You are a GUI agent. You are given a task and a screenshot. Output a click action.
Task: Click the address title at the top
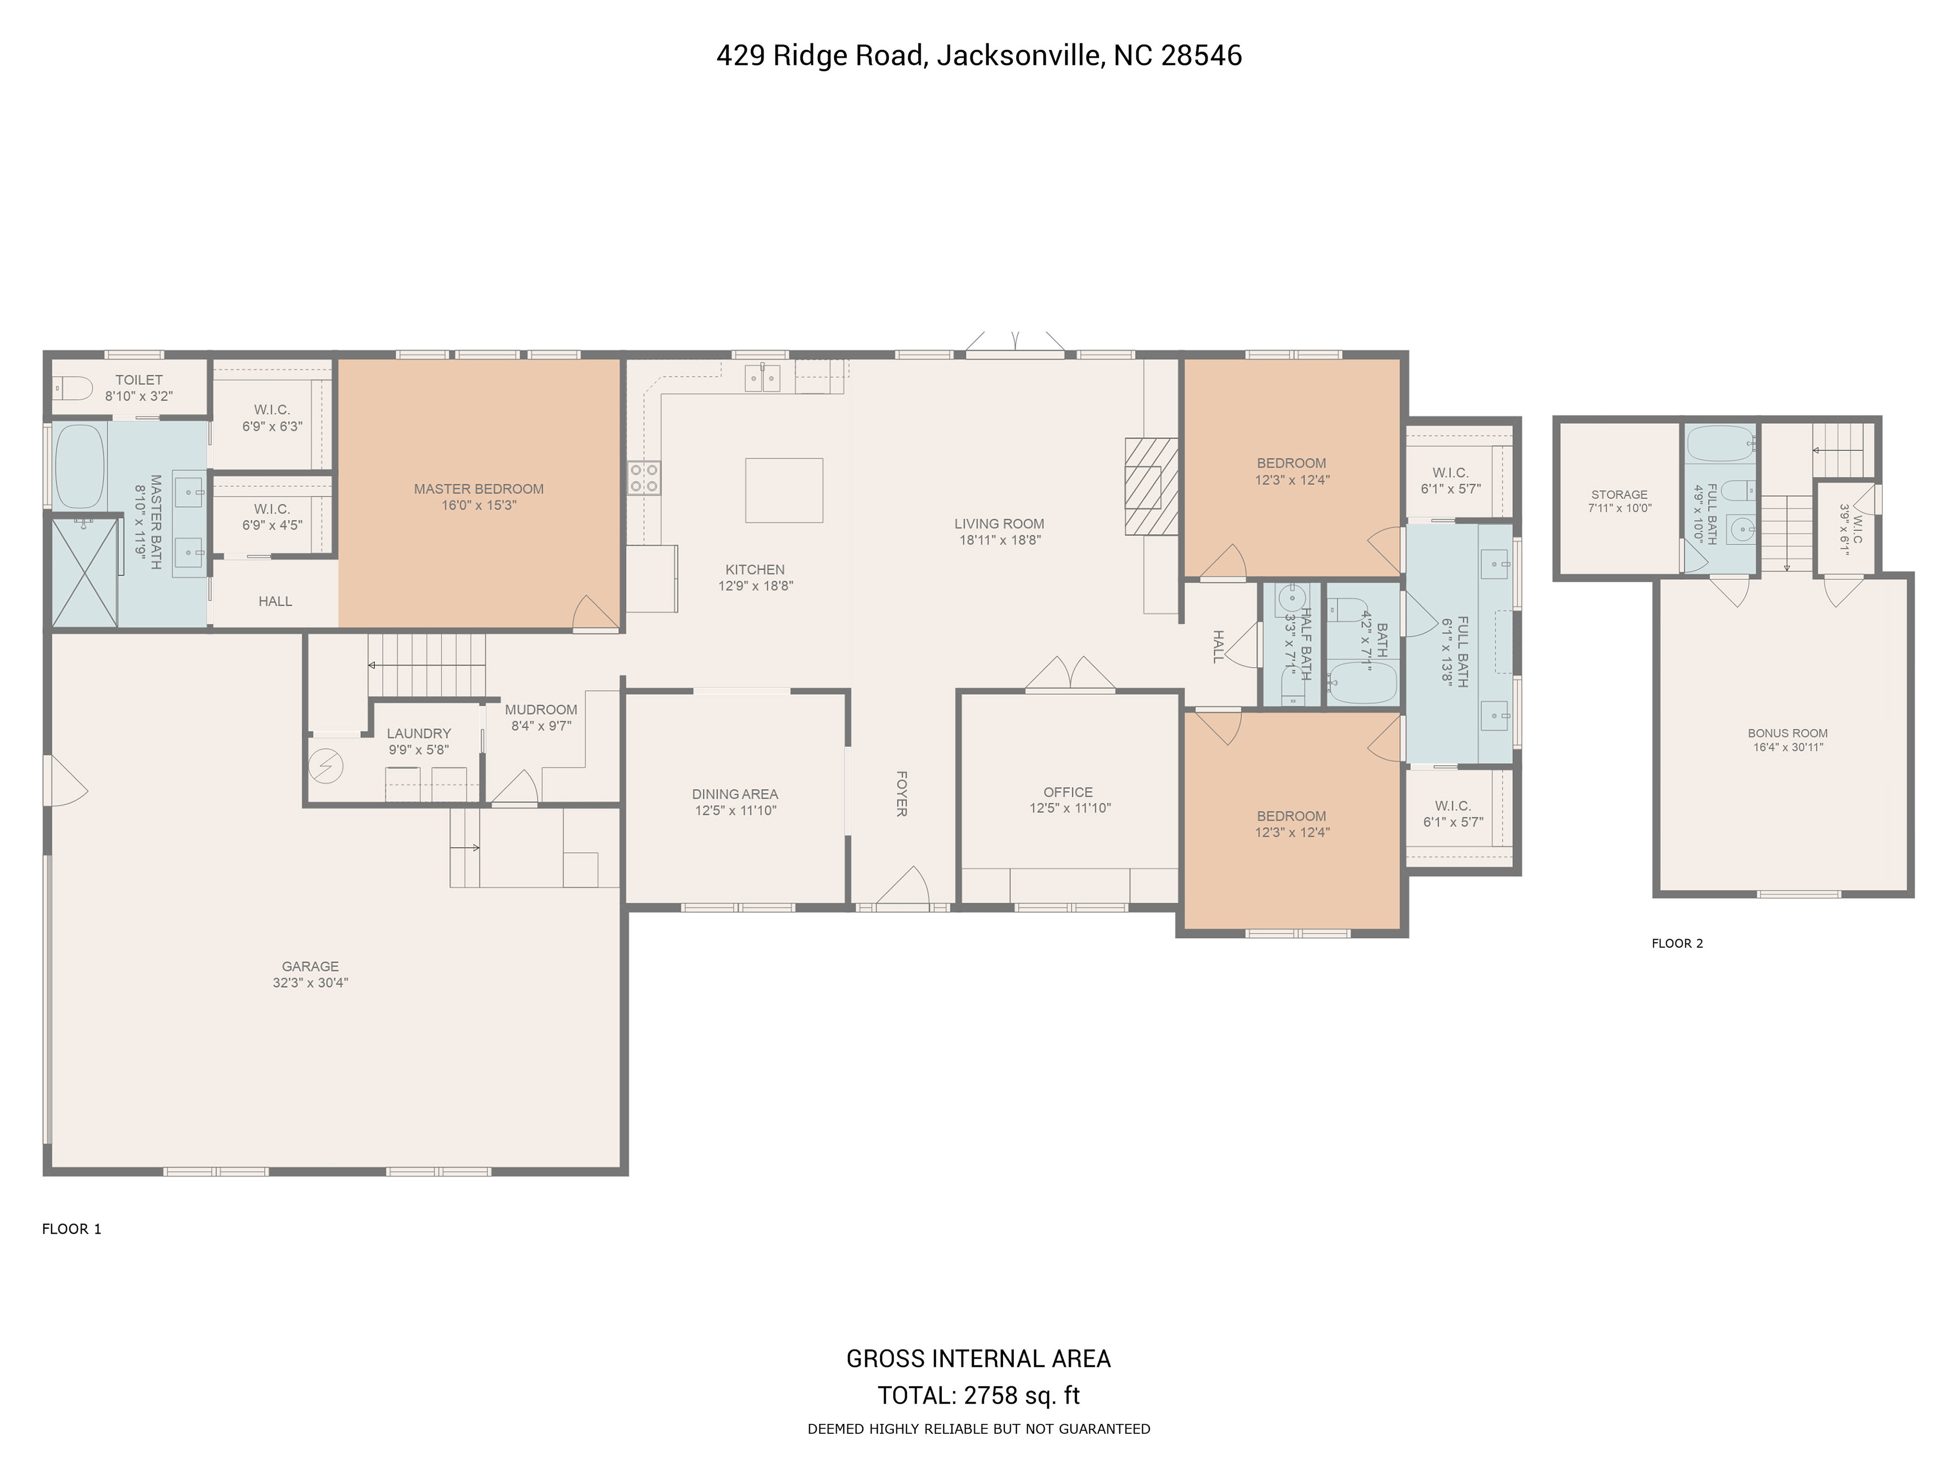(x=978, y=56)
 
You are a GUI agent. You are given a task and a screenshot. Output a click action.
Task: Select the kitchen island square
(x=784, y=490)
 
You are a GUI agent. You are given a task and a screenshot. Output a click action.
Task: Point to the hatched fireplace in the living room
(x=1151, y=486)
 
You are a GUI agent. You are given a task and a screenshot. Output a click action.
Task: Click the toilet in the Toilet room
(x=72, y=388)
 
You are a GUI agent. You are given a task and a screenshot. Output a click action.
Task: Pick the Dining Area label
(x=735, y=794)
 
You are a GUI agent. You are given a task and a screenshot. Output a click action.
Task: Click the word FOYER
(x=901, y=793)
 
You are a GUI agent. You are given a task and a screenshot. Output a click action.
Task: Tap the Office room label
(x=1068, y=792)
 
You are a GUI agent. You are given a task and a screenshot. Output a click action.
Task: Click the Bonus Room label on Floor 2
(x=1787, y=733)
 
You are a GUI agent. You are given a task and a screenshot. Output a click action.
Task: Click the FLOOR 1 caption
(x=72, y=1229)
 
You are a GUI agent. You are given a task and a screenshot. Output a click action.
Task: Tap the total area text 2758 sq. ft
(x=1022, y=1395)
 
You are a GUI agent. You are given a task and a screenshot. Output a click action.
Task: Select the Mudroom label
(x=541, y=710)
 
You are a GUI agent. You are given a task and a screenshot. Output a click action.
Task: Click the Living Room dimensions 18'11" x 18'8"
(x=1000, y=540)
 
